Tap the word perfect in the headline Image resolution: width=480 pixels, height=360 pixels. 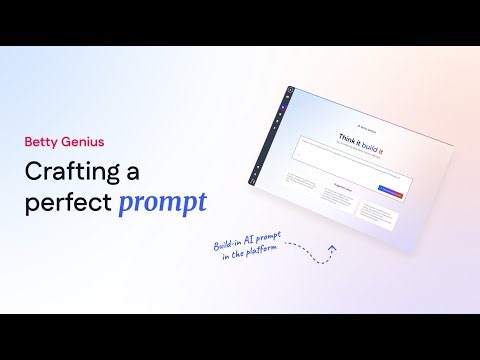pyautogui.click(x=66, y=202)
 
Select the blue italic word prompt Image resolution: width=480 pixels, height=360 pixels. pyautogui.click(x=162, y=203)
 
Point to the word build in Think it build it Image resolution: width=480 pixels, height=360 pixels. pyautogui.click(x=374, y=141)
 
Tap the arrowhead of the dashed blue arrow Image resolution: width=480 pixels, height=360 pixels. pyautogui.click(x=332, y=249)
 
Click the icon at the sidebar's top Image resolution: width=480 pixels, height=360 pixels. pyautogui.click(x=290, y=92)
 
